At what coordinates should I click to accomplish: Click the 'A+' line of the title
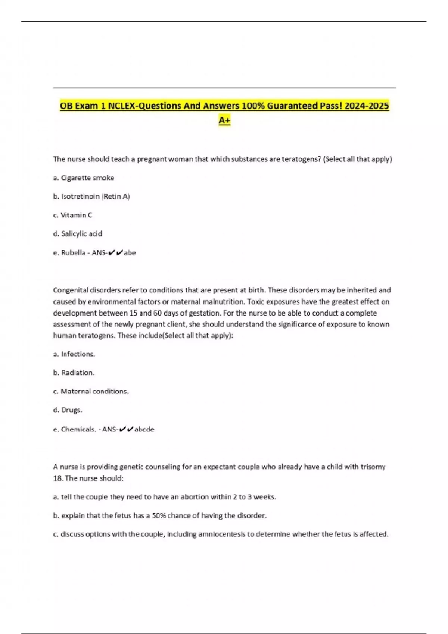[x=224, y=120]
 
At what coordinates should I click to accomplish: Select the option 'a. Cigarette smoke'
[x=84, y=178]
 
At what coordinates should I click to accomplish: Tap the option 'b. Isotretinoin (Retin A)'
[x=91, y=197]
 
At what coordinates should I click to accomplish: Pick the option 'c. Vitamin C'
[x=73, y=215]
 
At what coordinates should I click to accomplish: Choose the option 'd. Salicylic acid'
[x=78, y=234]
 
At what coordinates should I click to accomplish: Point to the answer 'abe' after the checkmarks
[x=130, y=253]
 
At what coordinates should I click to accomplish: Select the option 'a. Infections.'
[x=74, y=354]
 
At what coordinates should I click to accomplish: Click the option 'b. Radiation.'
[x=74, y=373]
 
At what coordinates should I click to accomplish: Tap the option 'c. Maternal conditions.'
[x=91, y=391]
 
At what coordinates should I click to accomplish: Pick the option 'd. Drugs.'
[x=68, y=410]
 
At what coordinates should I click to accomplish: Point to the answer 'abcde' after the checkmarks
[x=144, y=429]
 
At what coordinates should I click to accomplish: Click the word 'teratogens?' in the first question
[x=301, y=159]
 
